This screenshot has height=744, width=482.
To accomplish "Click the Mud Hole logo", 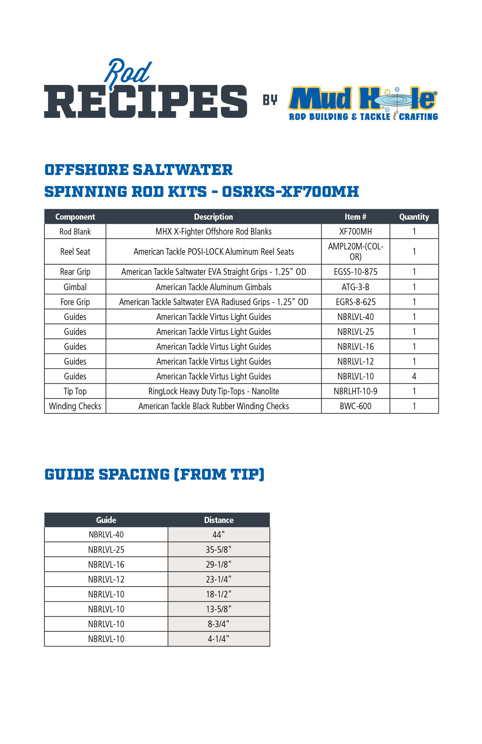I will [x=363, y=103].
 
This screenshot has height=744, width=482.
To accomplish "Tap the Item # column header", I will [x=355, y=217].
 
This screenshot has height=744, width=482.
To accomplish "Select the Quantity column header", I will [x=414, y=217].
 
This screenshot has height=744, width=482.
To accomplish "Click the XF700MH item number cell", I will [x=355, y=232].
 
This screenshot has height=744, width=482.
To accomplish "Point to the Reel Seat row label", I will [x=75, y=252].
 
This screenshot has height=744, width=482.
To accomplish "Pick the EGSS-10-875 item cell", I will [x=355, y=272].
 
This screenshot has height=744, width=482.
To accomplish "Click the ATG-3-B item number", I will [x=355, y=287].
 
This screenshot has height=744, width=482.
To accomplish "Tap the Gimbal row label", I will [x=75, y=287].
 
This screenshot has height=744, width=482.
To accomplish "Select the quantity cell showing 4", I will [x=414, y=376].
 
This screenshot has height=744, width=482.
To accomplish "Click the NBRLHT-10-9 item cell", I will [x=355, y=391].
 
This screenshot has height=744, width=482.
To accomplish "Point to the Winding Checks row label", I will [x=75, y=406].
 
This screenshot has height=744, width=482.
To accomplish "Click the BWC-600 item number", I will [x=355, y=406].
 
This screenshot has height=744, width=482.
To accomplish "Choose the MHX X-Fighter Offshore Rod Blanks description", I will [x=213, y=232].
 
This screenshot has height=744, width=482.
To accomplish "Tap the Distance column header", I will [x=219, y=520].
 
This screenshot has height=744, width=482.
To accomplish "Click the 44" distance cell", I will [x=219, y=534].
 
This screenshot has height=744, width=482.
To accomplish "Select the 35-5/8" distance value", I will [x=219, y=550].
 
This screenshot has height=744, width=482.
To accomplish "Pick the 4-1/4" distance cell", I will [x=219, y=639].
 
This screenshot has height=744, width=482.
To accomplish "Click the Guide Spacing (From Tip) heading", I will [x=154, y=474].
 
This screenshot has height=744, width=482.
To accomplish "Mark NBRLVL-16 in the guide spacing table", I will [x=106, y=565].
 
